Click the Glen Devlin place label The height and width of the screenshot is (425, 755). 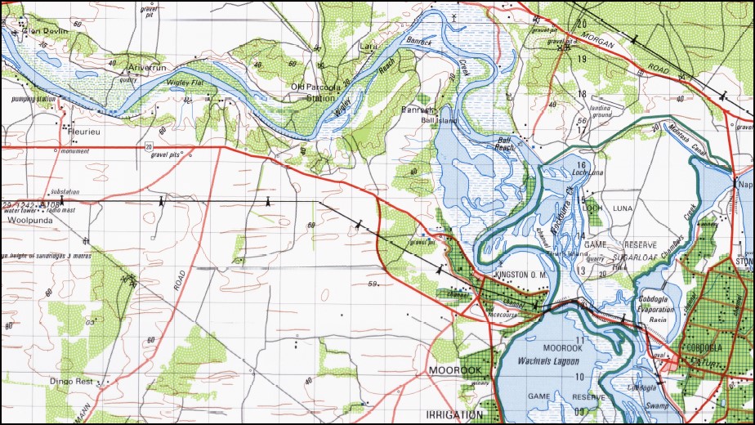click(46, 31)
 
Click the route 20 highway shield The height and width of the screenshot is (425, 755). click(149, 147)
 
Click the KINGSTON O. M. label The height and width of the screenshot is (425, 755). click(520, 275)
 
